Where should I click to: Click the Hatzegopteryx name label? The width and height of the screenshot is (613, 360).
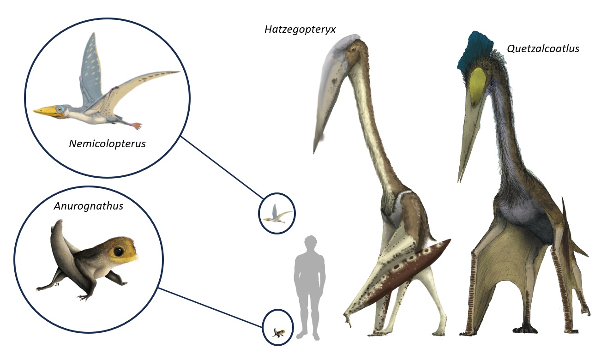(300, 30)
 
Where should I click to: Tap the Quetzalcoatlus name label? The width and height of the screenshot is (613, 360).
(542, 48)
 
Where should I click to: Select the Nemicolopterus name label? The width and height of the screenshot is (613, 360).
(107, 144)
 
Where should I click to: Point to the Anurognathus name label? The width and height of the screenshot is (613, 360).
(88, 206)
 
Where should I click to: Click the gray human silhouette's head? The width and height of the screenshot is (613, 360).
(311, 244)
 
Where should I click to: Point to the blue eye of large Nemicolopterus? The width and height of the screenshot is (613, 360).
(59, 109)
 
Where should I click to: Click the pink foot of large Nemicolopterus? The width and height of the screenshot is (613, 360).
(136, 125)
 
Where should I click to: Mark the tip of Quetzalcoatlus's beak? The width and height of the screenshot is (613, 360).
(460, 180)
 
